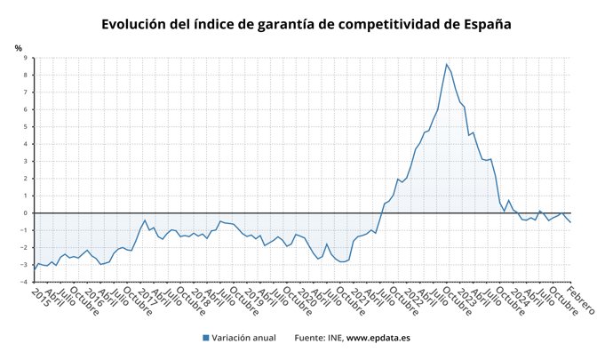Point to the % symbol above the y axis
click(x=18, y=47)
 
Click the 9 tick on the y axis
click(x=26, y=58)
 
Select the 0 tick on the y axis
click(x=26, y=213)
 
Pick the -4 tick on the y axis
click(x=24, y=282)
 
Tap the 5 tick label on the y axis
click(x=26, y=127)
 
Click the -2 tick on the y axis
click(x=24, y=248)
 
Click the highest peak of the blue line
click(x=446, y=64)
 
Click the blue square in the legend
click(x=206, y=338)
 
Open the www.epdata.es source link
click(x=378, y=338)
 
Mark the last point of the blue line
click(x=569, y=222)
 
